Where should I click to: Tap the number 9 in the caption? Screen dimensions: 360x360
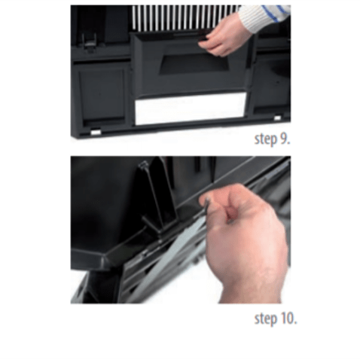coord(285,139)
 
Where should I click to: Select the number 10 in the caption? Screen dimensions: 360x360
coord(288,319)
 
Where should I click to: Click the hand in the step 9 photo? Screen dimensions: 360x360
coord(224,36)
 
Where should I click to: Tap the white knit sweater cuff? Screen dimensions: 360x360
coord(264,17)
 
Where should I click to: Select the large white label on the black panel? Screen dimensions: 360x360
coord(190,108)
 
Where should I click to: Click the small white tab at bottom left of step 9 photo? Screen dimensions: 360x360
coord(96,132)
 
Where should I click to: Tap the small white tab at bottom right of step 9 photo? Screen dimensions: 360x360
coord(277,117)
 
